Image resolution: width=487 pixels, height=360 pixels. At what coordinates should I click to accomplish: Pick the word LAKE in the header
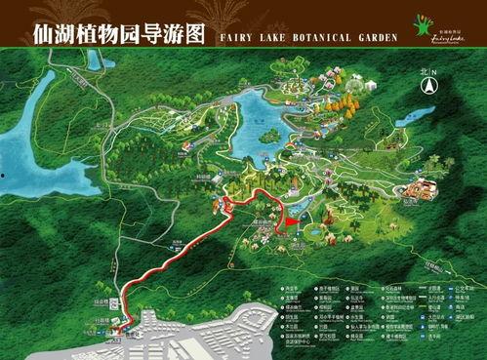click(265, 37)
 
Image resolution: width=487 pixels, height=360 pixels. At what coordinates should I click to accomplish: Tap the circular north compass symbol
click(427, 86)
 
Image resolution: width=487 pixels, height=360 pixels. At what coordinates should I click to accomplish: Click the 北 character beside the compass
click(422, 72)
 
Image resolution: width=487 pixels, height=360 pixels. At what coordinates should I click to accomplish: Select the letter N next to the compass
click(434, 72)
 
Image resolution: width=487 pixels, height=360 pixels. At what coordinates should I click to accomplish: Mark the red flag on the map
click(290, 223)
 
